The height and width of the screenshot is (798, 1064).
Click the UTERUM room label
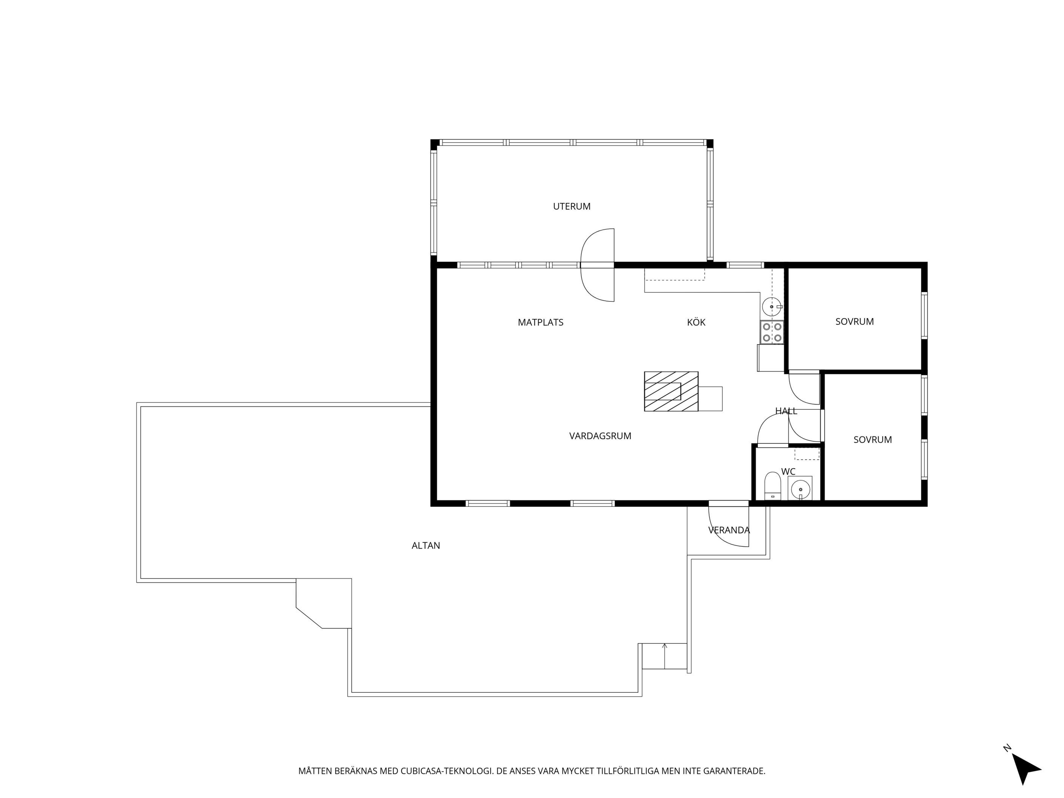point(572,206)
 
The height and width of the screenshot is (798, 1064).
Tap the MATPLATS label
point(540,322)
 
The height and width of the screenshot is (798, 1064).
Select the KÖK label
point(696,322)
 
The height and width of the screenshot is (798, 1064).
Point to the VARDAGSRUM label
point(600,436)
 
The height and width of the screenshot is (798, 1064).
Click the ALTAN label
point(426,546)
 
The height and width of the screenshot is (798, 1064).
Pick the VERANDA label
point(729,530)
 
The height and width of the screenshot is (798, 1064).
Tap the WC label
point(788,471)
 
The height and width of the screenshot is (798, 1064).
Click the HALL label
point(786,411)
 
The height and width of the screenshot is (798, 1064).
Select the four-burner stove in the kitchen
point(772,332)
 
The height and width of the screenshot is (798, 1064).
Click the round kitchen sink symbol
point(772,306)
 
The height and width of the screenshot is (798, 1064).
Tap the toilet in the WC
point(772,486)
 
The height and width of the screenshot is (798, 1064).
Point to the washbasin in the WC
point(800,489)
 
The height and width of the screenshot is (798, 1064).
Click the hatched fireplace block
point(671,391)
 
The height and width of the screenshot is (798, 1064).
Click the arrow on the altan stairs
point(665,656)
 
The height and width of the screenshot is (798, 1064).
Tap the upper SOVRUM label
point(854,321)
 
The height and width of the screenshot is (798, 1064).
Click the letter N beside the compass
point(1007,748)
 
